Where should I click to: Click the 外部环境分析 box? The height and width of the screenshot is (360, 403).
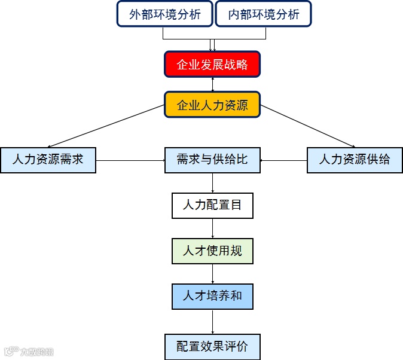(x=165, y=14)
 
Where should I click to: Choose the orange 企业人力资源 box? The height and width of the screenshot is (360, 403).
(x=212, y=105)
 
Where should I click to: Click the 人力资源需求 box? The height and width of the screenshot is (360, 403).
(x=48, y=160)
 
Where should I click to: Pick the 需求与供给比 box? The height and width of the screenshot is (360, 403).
(x=212, y=160)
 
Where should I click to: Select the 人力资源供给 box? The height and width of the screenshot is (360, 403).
(x=355, y=160)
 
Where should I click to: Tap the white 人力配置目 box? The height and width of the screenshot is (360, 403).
(x=212, y=205)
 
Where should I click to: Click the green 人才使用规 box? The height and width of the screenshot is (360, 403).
(x=212, y=251)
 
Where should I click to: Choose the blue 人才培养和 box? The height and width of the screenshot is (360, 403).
(x=212, y=296)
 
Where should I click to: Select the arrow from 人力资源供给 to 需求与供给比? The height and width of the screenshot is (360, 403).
(x=283, y=160)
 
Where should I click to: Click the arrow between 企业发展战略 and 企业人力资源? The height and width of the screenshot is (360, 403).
(x=213, y=84)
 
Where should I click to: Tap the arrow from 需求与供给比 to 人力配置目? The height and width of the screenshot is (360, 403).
(x=213, y=183)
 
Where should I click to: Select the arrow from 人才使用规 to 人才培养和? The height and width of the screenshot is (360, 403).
(x=213, y=273)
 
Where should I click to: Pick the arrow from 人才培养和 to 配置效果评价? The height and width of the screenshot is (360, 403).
(x=213, y=321)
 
